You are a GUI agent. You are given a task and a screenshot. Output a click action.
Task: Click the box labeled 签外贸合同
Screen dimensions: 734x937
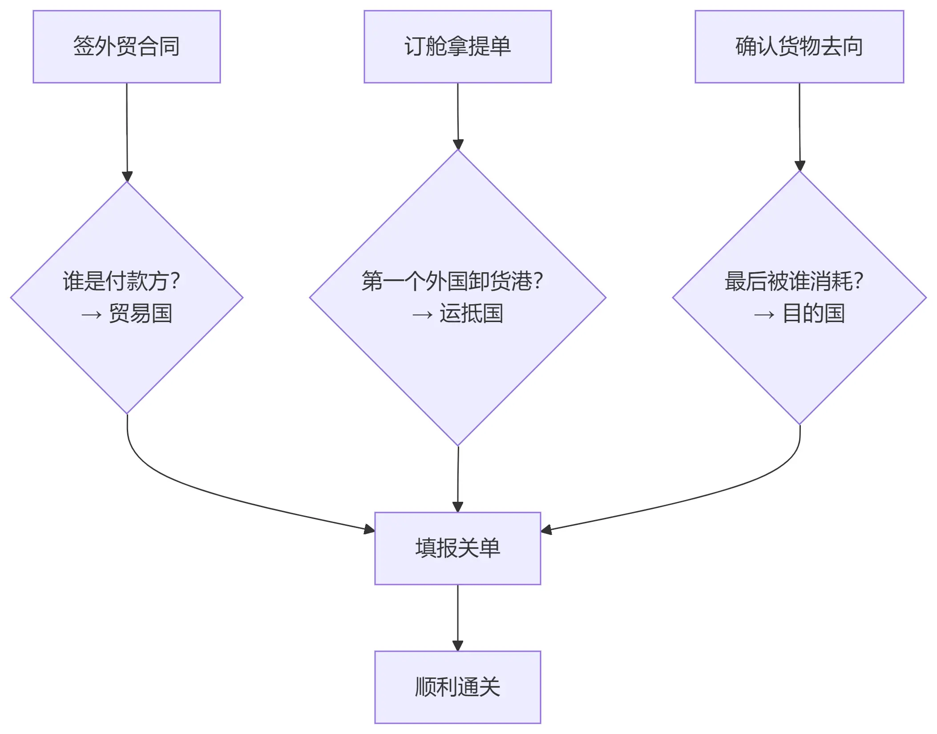point(126,47)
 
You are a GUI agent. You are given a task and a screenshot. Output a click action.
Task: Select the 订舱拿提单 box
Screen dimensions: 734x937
point(457,47)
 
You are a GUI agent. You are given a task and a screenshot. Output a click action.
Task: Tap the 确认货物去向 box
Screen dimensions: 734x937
point(799,47)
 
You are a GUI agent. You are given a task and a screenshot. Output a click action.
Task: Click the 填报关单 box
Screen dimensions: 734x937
point(457,548)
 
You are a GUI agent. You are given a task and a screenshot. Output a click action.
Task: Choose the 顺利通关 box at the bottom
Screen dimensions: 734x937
point(457,687)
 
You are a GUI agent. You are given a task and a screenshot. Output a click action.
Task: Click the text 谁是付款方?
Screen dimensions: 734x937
point(121,281)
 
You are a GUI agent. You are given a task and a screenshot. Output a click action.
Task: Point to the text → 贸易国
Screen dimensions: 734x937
point(126,314)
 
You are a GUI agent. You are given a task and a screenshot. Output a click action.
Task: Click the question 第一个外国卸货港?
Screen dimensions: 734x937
point(452,281)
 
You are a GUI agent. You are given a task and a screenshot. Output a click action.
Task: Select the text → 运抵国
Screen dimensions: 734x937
point(457,314)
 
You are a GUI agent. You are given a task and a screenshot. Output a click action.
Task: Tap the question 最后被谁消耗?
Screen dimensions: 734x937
point(794,281)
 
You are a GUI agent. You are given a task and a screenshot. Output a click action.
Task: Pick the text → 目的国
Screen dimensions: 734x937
point(799,314)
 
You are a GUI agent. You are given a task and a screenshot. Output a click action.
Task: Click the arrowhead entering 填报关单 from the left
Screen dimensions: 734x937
point(370,529)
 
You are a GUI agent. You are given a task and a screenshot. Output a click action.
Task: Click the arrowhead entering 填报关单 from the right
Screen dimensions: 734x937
point(546,529)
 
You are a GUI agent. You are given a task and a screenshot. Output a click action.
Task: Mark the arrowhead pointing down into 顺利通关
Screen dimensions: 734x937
point(458,646)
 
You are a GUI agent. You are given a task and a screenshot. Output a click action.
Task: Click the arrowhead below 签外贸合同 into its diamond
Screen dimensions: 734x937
point(127,176)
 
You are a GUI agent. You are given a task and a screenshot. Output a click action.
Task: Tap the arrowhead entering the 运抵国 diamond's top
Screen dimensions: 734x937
point(458,145)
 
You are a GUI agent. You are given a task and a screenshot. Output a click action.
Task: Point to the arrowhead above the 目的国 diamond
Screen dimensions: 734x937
point(800,165)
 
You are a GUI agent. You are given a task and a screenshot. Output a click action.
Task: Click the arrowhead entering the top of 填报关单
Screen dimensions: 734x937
point(458,507)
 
